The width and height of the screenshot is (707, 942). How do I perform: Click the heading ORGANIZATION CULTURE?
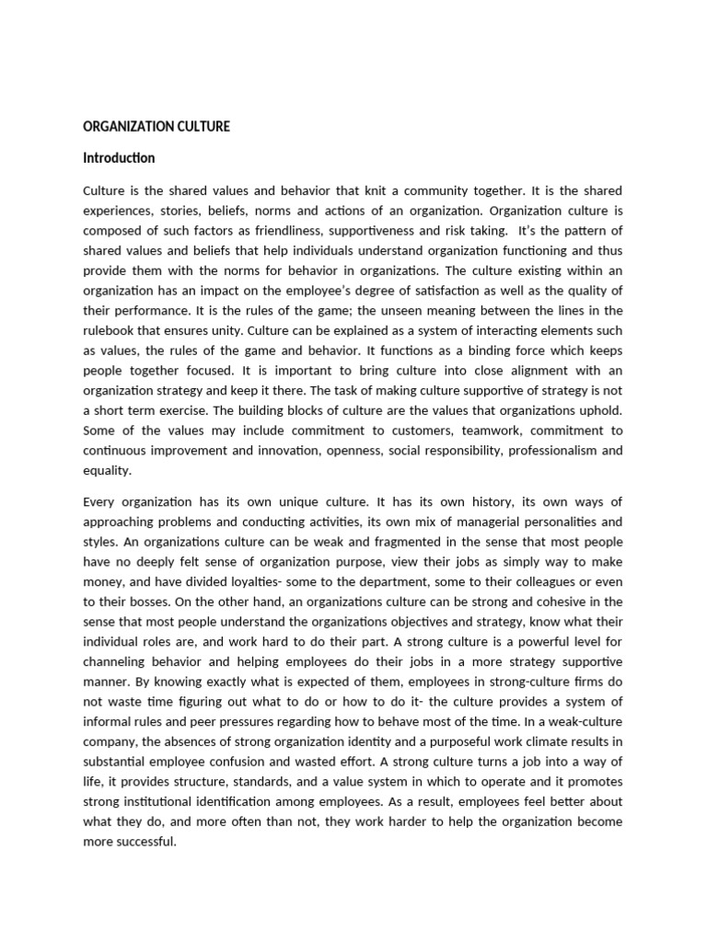pyautogui.click(x=156, y=127)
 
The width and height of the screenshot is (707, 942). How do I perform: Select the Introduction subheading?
pyautogui.click(x=119, y=158)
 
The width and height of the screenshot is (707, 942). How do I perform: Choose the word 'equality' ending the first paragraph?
pyautogui.click(x=107, y=469)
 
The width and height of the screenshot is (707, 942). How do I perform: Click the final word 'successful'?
pyautogui.click(x=144, y=841)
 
